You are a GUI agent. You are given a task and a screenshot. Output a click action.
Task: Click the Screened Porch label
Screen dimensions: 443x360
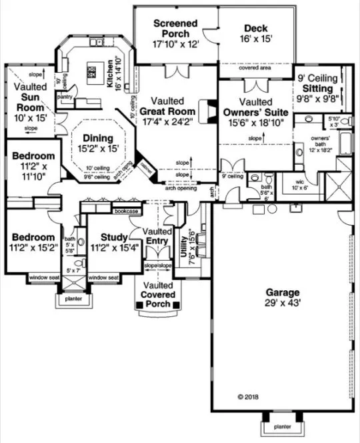pos(176,33)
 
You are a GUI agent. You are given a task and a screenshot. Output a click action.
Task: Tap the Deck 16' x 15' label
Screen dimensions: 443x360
pos(256,33)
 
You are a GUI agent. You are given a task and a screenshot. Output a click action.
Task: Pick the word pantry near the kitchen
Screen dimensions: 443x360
pos(65,97)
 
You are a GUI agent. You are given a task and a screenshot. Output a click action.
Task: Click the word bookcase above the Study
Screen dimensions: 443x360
pos(126,211)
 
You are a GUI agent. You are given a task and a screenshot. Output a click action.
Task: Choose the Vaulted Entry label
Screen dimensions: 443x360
pos(159,236)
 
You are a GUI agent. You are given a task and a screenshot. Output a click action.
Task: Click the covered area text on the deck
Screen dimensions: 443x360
pos(256,68)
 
